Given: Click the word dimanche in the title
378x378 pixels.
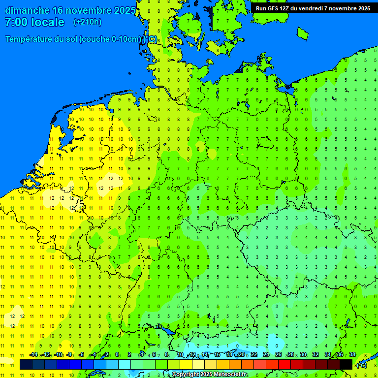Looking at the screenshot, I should pyautogui.click(x=27, y=10).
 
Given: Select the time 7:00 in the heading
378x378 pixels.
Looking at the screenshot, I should pyautogui.click(x=16, y=22).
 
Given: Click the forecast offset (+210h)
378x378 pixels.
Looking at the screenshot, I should pyautogui.click(x=87, y=22).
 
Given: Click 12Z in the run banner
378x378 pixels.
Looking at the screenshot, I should pyautogui.click(x=285, y=8).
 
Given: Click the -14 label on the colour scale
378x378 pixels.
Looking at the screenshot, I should pyautogui.click(x=33, y=355).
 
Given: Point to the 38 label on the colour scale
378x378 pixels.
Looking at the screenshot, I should pyautogui.click(x=352, y=355).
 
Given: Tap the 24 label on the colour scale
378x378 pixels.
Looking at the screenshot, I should pyautogui.click(x=266, y=355).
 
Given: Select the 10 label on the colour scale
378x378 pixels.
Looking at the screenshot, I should pyautogui.click(x=180, y=355).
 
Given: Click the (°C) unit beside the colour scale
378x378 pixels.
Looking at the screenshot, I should pyautogui.click(x=361, y=365).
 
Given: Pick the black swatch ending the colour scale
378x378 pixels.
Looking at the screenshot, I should pyautogui.click(x=346, y=365).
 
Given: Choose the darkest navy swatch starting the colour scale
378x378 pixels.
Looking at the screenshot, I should pyautogui.click(x=26, y=365).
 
